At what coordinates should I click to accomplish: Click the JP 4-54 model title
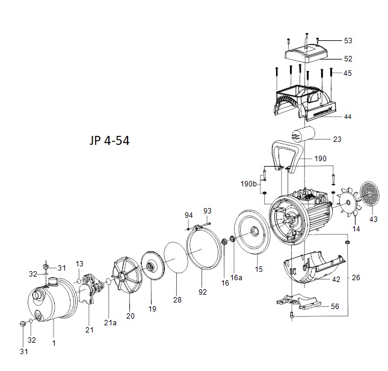coord(109,141)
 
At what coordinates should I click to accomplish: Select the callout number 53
coord(348,40)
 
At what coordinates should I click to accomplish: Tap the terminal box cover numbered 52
coord(307,54)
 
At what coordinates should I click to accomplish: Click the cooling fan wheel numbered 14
coord(348,203)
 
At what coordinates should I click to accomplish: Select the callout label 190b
coord(248,184)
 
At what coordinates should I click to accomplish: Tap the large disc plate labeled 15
coord(251,232)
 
